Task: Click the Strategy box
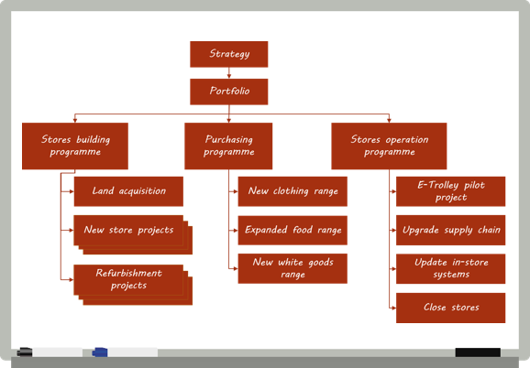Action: (x=229, y=54)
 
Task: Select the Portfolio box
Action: (x=229, y=92)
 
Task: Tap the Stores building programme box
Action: (x=75, y=146)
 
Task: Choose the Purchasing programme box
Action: (x=228, y=146)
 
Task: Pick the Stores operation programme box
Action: (x=389, y=146)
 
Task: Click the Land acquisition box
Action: (x=128, y=191)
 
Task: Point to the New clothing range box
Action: (x=293, y=191)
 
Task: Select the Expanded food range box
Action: (x=293, y=231)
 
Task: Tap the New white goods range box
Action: (x=293, y=268)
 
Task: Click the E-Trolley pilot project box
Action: (x=451, y=191)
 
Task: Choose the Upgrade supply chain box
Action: (x=451, y=230)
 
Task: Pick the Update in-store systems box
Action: (x=451, y=269)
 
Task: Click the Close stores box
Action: (x=451, y=308)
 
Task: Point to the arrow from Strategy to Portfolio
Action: (x=229, y=73)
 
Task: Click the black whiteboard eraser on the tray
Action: (x=478, y=352)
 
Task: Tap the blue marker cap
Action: (x=100, y=352)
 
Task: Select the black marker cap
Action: (x=25, y=352)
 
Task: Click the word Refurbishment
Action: (x=128, y=273)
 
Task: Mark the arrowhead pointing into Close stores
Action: (x=393, y=308)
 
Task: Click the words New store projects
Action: (x=128, y=231)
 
